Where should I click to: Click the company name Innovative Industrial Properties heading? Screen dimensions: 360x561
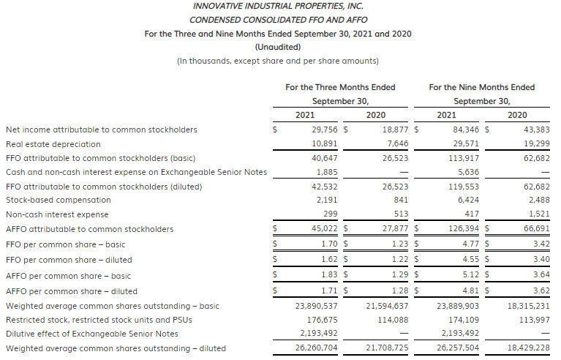[x=279, y=6]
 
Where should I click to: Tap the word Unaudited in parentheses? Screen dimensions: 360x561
[x=279, y=47]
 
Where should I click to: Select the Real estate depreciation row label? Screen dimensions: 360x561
[x=53, y=144]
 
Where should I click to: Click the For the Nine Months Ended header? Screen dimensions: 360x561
[x=481, y=87]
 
